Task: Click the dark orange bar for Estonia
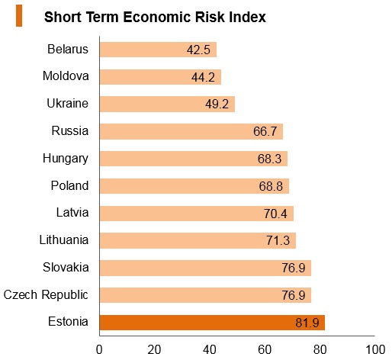(212, 323)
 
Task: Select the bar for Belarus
(158, 50)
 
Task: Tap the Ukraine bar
(167, 104)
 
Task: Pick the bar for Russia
(191, 131)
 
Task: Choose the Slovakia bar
(205, 268)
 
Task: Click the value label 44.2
(203, 77)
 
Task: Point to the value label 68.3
(269, 159)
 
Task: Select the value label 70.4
(275, 214)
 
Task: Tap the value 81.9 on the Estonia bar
(307, 323)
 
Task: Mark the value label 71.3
(278, 240)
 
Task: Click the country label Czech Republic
(46, 295)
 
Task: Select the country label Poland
(69, 185)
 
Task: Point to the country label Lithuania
(64, 239)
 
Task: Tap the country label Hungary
(66, 159)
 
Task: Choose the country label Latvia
(72, 213)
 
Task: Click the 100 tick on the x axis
(375, 350)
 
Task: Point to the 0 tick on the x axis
(99, 350)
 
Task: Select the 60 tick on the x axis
(265, 350)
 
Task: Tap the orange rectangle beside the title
(19, 16)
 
